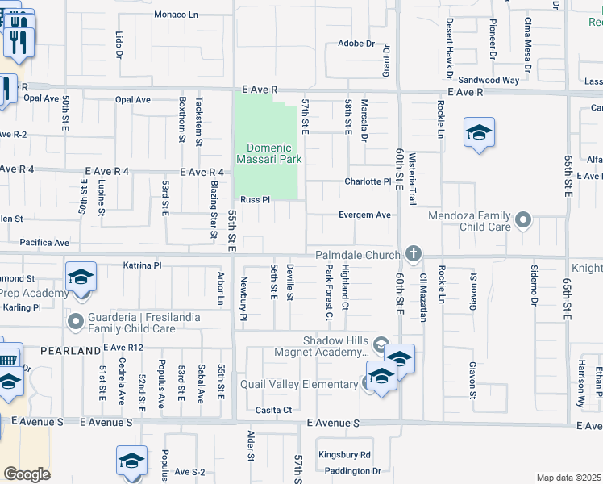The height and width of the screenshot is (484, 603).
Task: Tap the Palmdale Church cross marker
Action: tap(414, 255)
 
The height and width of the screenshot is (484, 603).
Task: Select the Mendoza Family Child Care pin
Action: tap(525, 220)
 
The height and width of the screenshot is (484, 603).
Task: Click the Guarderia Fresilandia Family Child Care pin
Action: tap(77, 323)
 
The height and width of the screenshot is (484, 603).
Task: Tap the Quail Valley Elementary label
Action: tap(298, 384)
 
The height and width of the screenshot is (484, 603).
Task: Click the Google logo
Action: tap(27, 474)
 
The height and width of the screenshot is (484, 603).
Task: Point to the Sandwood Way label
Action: tap(489, 81)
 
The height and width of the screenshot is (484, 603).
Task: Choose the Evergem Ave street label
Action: tap(365, 215)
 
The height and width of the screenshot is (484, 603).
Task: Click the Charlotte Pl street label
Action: tap(368, 182)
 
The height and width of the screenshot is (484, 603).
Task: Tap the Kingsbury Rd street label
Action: tap(343, 455)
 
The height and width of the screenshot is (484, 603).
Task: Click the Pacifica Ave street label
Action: tap(45, 242)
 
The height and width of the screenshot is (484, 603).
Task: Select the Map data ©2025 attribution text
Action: tap(568, 478)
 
